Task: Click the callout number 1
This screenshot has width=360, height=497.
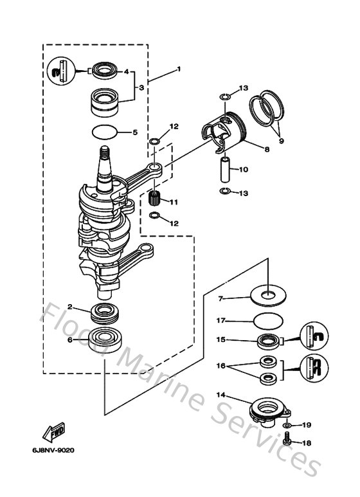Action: point(179,69)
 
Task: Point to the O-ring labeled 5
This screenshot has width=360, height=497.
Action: point(105,132)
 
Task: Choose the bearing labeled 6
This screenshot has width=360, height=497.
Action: point(104,337)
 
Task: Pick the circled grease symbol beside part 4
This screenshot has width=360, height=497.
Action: point(59,71)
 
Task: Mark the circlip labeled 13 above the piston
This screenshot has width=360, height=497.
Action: point(224,97)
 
